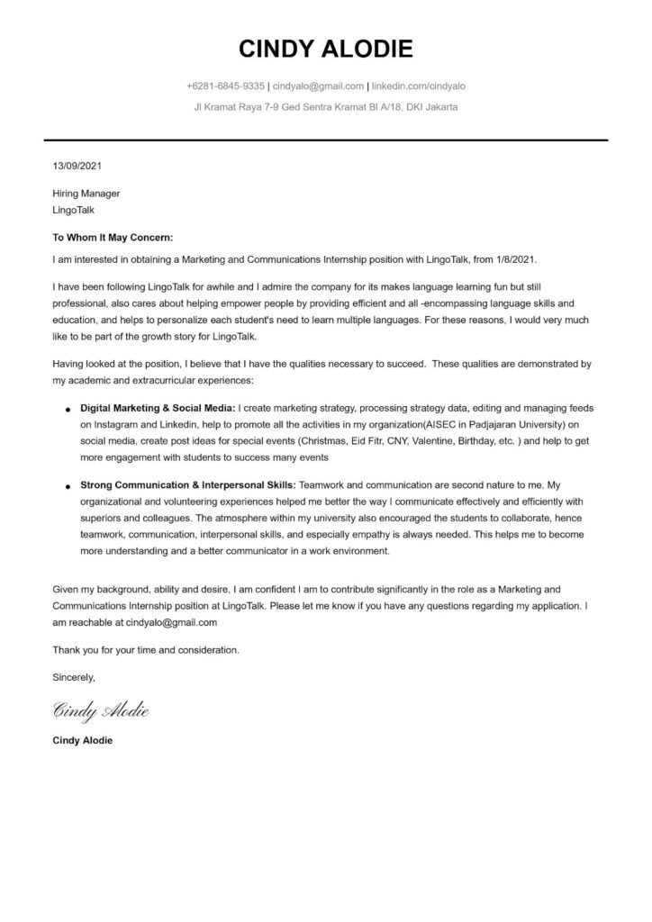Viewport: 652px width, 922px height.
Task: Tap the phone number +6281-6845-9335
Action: click(225, 86)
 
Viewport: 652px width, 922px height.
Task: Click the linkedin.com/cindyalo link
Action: click(419, 86)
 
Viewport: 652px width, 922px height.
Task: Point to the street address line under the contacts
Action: click(325, 107)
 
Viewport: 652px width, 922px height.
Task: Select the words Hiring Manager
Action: click(86, 194)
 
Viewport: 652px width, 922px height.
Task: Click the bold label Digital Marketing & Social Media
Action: click(158, 408)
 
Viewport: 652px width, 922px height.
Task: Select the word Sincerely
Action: click(74, 675)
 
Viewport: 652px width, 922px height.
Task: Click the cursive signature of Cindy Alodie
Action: click(101, 711)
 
